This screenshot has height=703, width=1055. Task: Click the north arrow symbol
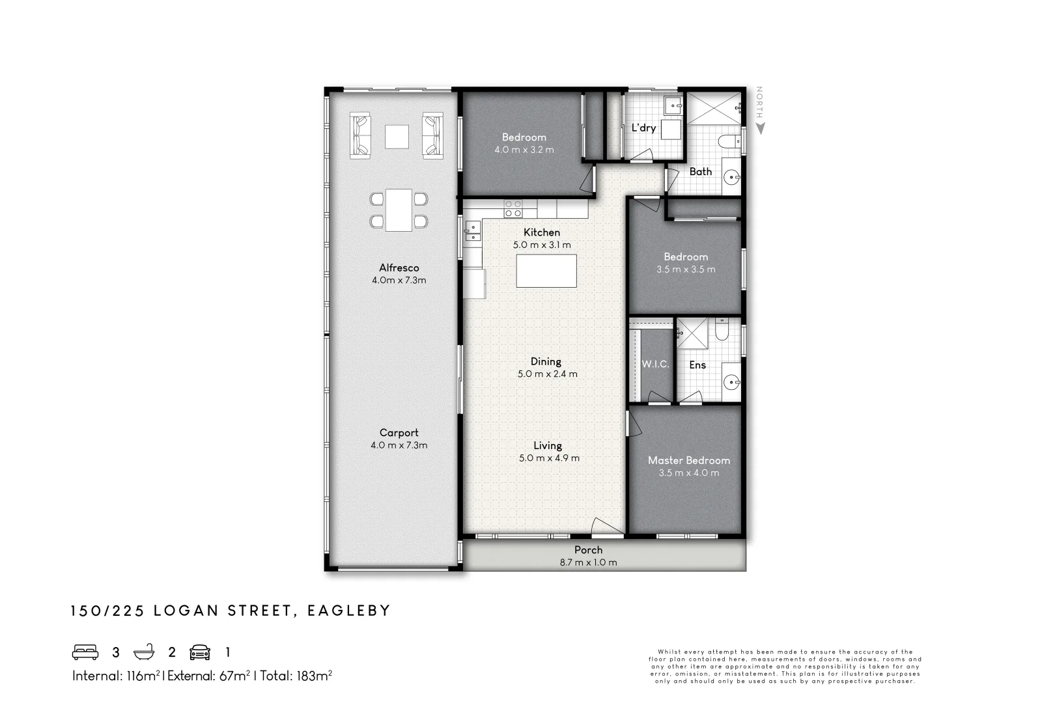pos(760,128)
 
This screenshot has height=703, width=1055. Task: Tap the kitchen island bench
pos(546,271)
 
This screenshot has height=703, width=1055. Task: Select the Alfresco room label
pos(399,268)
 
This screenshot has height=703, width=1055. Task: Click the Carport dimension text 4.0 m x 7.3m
pos(399,445)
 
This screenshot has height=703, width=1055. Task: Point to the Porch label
pos(589,550)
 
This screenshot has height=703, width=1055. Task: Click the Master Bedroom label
pos(689,460)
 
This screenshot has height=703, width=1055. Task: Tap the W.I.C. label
pos(655,365)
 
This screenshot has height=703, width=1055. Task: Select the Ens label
pos(697,365)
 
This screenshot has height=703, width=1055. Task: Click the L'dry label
pos(643,128)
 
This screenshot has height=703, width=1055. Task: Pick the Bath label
pos(701,172)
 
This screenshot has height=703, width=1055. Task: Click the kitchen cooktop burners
pos(513,208)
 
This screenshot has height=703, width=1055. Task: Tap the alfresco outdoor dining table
pos(399,210)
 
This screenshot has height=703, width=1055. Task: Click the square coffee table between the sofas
pos(397,137)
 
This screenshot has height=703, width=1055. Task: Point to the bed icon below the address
pos(85,652)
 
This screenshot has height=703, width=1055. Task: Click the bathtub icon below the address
pos(144,652)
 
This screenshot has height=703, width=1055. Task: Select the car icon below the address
pos(200,652)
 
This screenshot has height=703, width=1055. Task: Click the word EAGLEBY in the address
pos(349,611)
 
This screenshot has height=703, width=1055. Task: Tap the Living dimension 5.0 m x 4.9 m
pos(549,458)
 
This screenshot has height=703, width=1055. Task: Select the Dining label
pos(546,361)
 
